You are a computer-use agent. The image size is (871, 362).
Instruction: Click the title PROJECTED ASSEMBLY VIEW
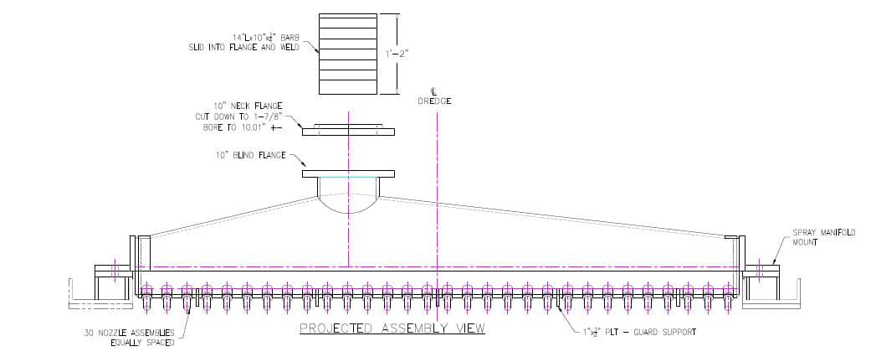pos(392,328)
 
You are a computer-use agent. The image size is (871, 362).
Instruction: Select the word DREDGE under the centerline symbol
pos(434,101)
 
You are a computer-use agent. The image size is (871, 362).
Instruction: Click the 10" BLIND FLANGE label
pos(252,155)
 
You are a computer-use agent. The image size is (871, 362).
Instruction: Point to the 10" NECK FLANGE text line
pos(248,106)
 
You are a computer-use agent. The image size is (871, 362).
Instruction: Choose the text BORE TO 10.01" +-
pos(243,127)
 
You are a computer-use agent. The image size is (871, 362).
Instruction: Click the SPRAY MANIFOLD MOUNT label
pos(824,237)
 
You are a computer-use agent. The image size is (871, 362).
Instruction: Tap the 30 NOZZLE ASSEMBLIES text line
pos(129,333)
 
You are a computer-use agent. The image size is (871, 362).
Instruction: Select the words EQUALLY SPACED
pos(142,343)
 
